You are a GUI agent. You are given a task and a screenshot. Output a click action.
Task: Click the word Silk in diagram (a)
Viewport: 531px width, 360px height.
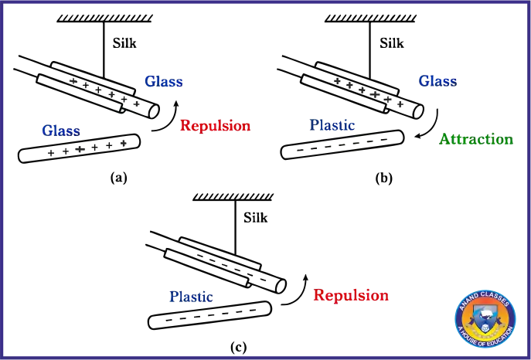124,43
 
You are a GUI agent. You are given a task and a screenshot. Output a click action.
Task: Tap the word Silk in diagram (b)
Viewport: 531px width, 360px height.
392,43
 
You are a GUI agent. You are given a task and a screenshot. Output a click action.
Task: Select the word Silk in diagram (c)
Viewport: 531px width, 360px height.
256,218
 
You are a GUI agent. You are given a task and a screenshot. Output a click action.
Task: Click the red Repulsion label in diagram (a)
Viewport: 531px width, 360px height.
216,125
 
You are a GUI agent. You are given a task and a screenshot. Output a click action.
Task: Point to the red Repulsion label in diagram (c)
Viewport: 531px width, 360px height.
351,295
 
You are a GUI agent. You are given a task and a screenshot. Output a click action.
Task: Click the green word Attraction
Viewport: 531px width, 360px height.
476,139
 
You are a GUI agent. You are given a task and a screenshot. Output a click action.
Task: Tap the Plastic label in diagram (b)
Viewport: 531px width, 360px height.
332,125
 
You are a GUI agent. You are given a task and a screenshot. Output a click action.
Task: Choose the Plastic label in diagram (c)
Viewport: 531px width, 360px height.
192,297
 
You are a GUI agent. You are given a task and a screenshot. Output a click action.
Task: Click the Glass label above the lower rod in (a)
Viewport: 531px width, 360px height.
61,131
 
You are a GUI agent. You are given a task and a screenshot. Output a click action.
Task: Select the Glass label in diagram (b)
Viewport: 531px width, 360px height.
438,81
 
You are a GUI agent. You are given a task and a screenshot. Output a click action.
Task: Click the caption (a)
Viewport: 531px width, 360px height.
118,177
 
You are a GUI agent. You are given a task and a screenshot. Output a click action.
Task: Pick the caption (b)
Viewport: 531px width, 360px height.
383,178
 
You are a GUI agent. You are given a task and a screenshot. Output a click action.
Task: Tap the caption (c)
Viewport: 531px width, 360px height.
238,347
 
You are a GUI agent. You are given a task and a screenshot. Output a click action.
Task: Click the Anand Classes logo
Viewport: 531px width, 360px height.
485,319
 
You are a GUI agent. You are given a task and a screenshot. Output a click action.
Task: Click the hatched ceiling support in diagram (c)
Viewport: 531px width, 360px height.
233,196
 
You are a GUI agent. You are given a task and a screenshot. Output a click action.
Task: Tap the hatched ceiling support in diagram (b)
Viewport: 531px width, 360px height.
370,19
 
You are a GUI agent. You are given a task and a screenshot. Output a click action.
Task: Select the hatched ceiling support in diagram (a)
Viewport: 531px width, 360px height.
104,19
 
